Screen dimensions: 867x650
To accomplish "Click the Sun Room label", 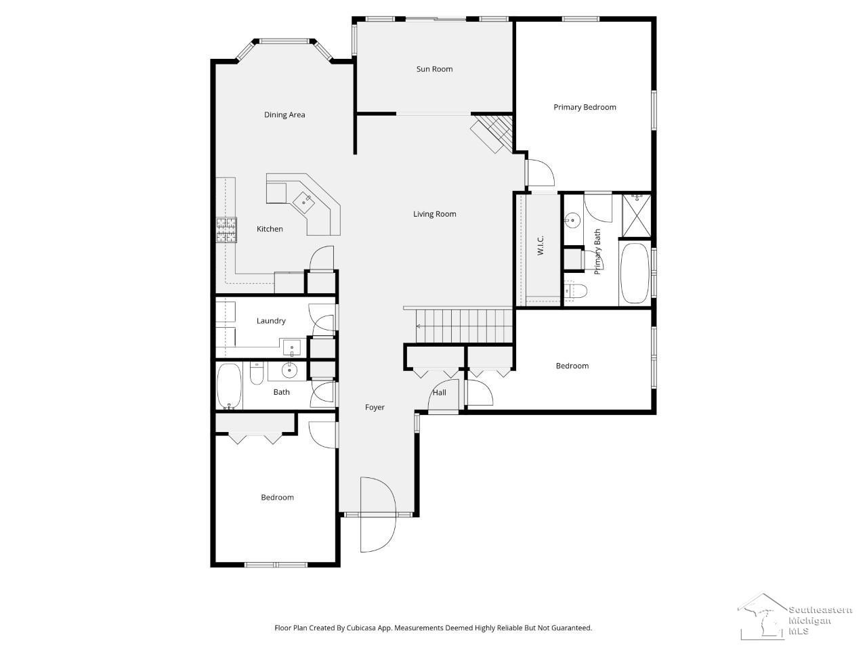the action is point(434,69).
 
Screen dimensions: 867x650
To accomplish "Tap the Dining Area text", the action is point(284,115).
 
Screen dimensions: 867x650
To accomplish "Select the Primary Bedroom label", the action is point(585,108).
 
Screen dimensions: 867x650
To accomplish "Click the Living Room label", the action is point(434,214).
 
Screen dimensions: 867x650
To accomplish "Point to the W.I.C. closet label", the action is point(541,245).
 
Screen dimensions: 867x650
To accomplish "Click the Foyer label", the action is point(375,408).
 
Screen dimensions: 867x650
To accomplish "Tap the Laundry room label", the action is point(270,321).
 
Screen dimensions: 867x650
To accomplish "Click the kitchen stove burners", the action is point(226,230).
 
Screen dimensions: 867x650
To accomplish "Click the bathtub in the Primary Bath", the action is point(635,273).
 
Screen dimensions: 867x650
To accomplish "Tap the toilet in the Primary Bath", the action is point(576,291).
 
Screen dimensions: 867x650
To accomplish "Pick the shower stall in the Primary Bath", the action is point(636,215).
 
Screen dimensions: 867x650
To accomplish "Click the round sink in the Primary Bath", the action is point(572,220).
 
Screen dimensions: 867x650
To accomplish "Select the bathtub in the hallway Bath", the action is point(229,387).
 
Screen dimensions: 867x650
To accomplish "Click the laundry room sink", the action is point(293,348).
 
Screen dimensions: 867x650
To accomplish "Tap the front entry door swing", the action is point(378,514).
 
